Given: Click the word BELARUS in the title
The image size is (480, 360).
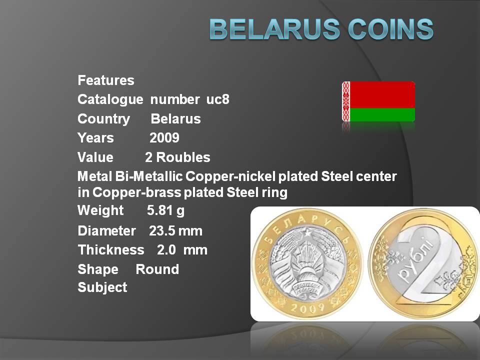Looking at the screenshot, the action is point(274,29).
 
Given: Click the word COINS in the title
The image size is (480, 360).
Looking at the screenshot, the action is point(390,29).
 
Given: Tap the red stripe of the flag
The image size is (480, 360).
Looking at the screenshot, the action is point(382,94).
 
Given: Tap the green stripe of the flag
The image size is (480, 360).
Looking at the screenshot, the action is point(382,115).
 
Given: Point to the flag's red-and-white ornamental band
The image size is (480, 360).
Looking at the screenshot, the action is point(346,101).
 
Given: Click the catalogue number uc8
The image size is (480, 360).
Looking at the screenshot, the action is point(217,99).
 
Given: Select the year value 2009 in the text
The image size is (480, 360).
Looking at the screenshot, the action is point(164,138).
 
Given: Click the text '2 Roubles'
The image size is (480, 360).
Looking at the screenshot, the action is point(177,157).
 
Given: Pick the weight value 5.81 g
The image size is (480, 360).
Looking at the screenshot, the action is point(165,210).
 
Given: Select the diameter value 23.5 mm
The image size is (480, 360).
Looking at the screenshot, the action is point(175,231).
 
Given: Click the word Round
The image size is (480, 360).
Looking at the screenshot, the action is point(157,269).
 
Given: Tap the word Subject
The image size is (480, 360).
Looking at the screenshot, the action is point(102,288).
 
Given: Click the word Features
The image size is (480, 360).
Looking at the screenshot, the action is point(106,80).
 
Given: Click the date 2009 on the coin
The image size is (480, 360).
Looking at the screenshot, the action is point(307,307).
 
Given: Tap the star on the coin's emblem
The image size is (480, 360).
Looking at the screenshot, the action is point(306,233).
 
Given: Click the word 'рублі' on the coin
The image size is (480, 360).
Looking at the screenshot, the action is point(416,259).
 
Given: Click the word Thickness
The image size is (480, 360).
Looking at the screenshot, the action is point(111,250).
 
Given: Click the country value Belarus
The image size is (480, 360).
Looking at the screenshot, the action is point(175,119).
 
